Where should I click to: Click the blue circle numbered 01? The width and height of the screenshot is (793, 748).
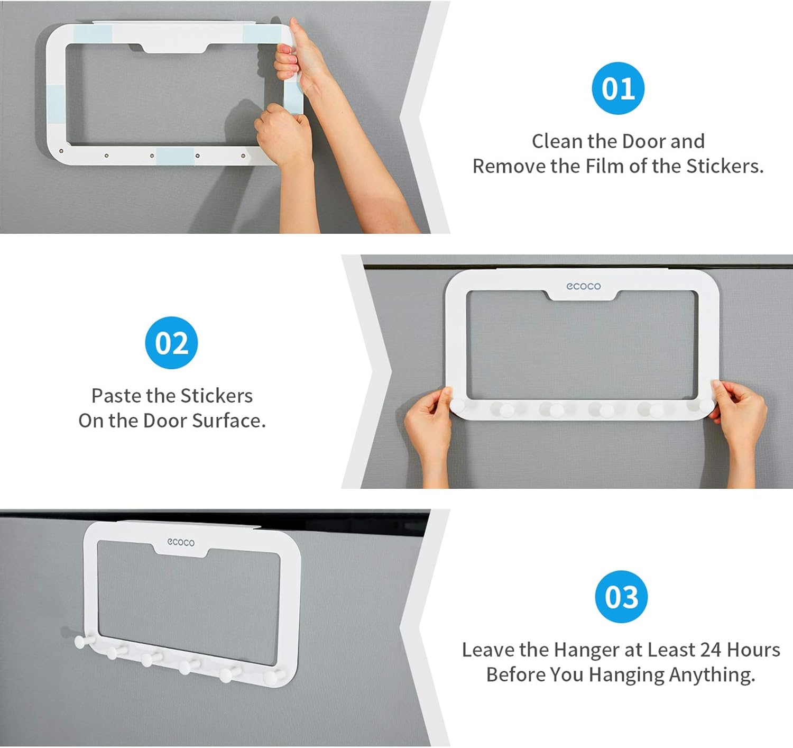(617, 88)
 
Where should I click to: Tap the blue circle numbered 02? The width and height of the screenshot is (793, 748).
(171, 343)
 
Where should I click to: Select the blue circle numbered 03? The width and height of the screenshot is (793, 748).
(621, 597)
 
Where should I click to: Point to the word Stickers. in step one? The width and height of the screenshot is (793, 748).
(725, 166)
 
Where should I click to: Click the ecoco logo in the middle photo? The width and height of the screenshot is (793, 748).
(583, 286)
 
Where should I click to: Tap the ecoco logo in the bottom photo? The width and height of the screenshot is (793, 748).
(181, 542)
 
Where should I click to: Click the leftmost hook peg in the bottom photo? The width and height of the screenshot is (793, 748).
(81, 642)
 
